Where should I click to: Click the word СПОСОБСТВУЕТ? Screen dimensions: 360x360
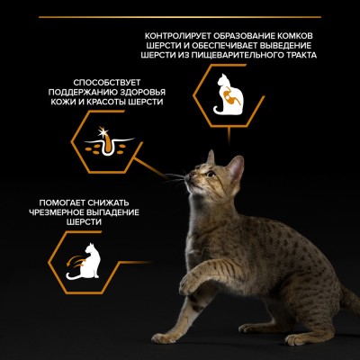tap(106, 83)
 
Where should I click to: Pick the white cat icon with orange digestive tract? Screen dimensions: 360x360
tap(228, 94)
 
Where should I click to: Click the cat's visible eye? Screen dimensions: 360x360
tap(211, 174)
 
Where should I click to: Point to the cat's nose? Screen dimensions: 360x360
tap(186, 178)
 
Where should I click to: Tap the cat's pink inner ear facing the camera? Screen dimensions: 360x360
tap(236, 169)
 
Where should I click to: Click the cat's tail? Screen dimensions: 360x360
tap(350, 299)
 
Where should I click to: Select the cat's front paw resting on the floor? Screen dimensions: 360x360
tap(164, 338)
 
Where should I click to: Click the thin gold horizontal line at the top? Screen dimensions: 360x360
tap(180, 17)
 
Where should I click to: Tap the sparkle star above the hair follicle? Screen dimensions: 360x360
tap(103, 132)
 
